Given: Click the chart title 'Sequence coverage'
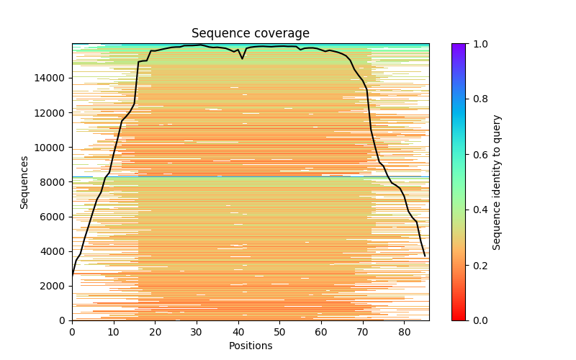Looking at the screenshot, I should pyautogui.click(x=250, y=34).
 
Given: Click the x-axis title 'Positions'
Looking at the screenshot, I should pyautogui.click(x=250, y=346).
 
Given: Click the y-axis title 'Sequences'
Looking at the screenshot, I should pyautogui.click(x=24, y=182).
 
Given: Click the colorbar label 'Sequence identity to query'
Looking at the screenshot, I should pyautogui.click(x=497, y=182).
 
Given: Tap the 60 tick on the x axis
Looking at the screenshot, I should pyautogui.click(x=321, y=320).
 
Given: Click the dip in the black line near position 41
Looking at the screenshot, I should pyautogui.click(x=243, y=58).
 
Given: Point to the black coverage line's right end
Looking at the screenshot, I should pyautogui.click(x=425, y=256).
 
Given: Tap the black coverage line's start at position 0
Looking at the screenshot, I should pyautogui.click(x=72, y=274).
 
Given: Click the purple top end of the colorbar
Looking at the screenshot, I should pyautogui.click(x=458, y=45).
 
